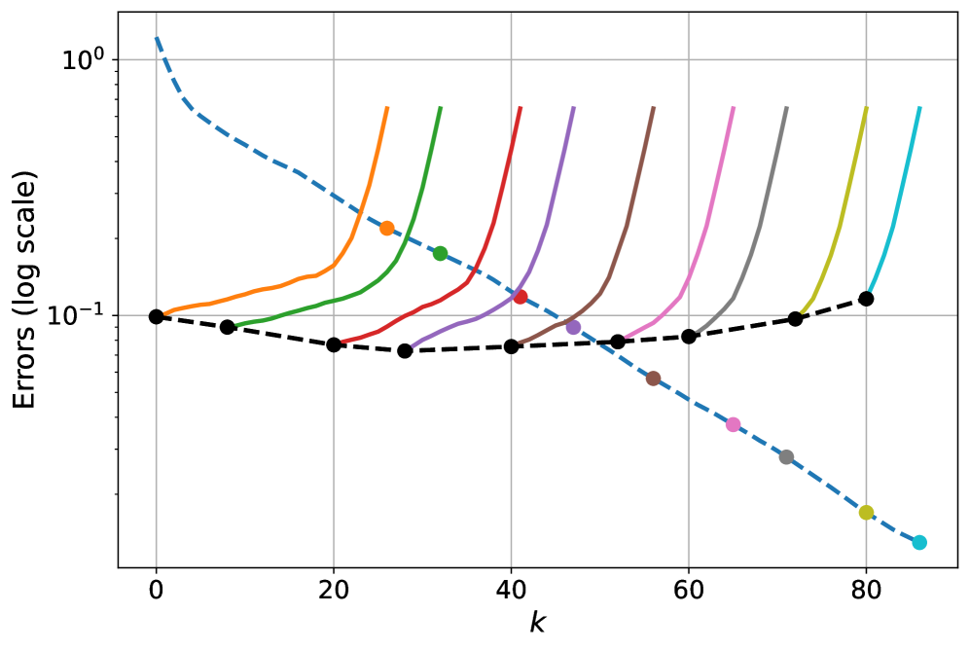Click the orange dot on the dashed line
pyautogui.click(x=386, y=228)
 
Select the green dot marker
pyautogui.click(x=440, y=253)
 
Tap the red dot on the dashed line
pyautogui.click(x=520, y=296)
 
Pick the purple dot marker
pyautogui.click(x=573, y=327)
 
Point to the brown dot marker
pyautogui.click(x=653, y=378)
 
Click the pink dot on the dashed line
pyautogui.click(x=733, y=424)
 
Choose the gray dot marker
pyautogui.click(x=786, y=456)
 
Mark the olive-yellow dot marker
pyautogui.click(x=866, y=512)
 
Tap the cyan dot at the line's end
pyautogui.click(x=919, y=542)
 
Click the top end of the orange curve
pyautogui.click(x=387, y=107)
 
